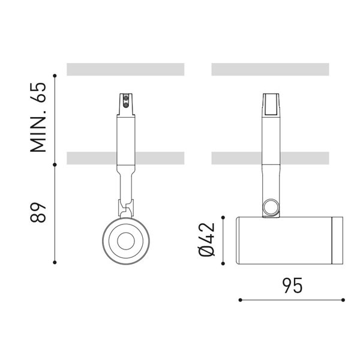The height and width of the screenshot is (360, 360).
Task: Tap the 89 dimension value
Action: click(38, 212)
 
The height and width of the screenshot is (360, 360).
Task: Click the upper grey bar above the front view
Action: click(125, 69)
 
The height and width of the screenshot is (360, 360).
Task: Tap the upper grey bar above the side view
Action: click(271, 69)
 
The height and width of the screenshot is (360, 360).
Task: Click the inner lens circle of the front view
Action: click(126, 241)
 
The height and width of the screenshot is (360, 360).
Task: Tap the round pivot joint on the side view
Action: click(271, 208)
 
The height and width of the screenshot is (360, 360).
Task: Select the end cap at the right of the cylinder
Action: click(337, 239)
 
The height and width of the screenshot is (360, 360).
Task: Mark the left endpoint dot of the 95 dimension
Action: click(239, 299)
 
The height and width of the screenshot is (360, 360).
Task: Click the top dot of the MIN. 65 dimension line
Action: click(55, 76)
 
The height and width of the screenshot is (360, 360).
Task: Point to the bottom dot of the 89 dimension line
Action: click(55, 262)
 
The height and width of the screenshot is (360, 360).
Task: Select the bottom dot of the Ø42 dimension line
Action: click(224, 263)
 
